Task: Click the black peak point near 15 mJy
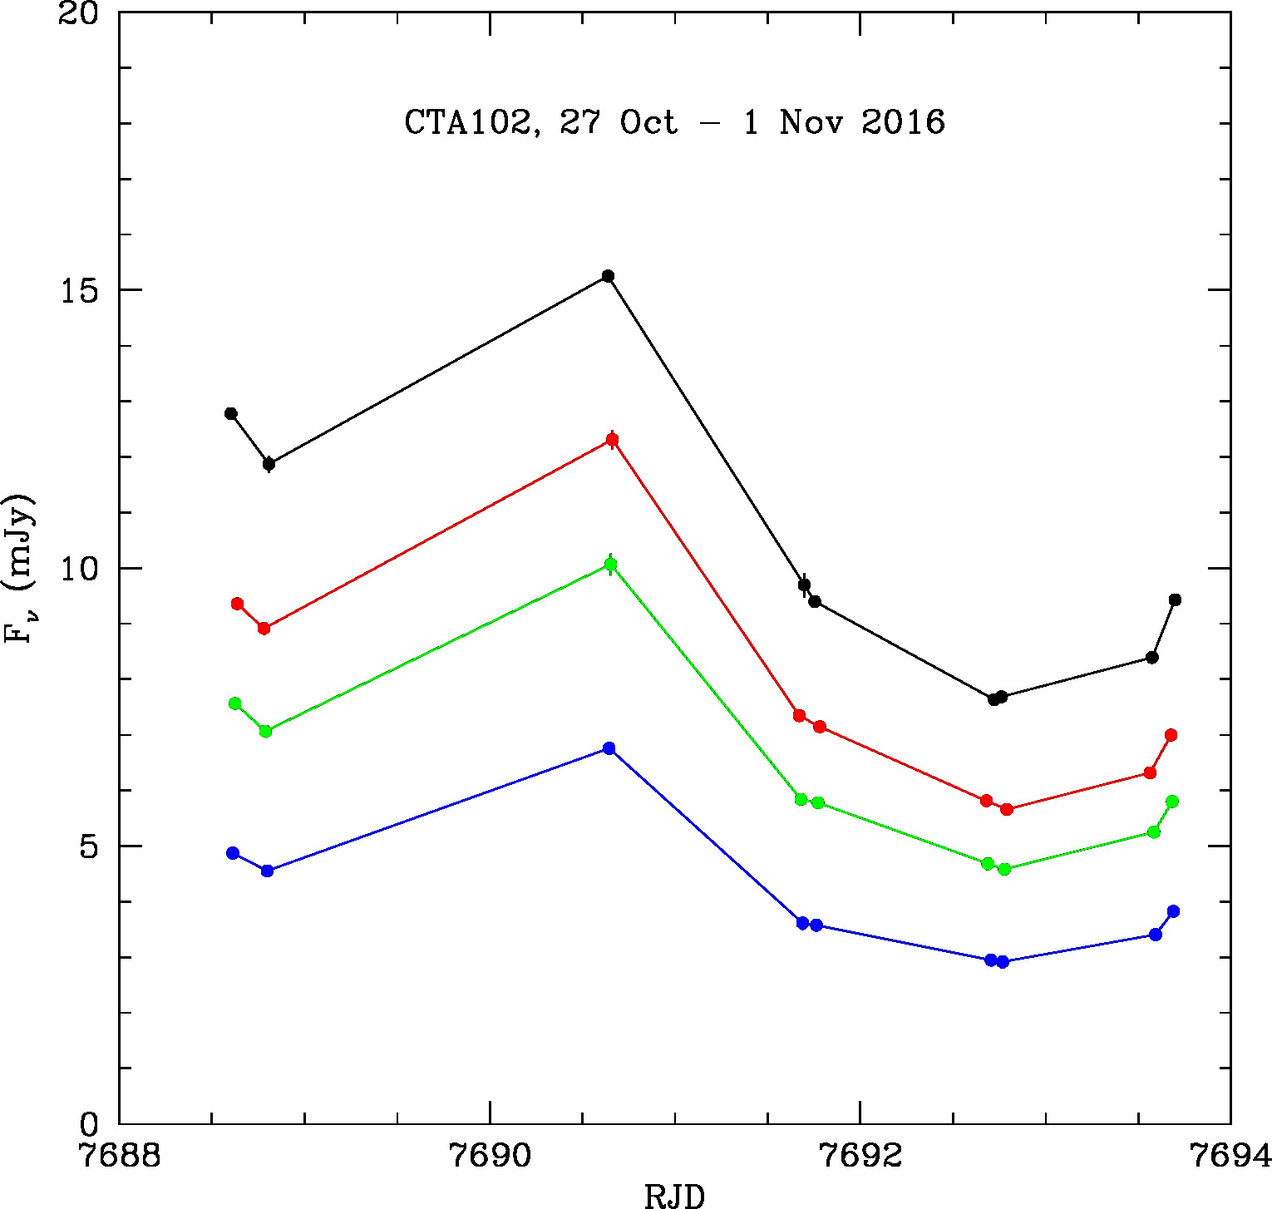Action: click(x=608, y=276)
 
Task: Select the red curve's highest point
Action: click(x=612, y=440)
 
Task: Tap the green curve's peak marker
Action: click(x=611, y=565)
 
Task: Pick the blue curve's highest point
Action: click(x=609, y=748)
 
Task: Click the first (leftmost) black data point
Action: click(x=231, y=413)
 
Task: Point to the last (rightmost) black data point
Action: click(x=1175, y=600)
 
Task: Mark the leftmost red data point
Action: click(x=237, y=604)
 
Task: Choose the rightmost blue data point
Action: click(x=1173, y=911)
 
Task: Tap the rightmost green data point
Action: click(x=1172, y=802)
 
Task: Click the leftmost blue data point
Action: click(x=233, y=853)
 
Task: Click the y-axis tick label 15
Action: click(x=79, y=291)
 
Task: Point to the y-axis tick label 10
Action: click(x=79, y=570)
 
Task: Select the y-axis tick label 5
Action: click(x=88, y=847)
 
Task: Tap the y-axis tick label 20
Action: click(x=79, y=14)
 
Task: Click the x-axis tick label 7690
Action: click(x=490, y=1156)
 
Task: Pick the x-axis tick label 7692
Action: click(x=860, y=1156)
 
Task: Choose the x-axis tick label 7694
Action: click(x=1230, y=1156)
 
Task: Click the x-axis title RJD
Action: click(x=675, y=1196)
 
